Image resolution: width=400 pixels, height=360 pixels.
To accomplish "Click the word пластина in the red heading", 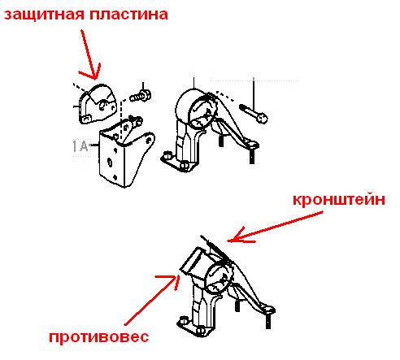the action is coord(128,14).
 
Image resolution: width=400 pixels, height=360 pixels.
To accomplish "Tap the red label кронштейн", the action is coord(339,200).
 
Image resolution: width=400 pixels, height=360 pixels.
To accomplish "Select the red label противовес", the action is coord(99,337).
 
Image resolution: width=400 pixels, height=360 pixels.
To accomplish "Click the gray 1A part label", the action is coord(80,146).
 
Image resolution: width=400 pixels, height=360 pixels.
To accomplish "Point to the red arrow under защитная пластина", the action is coord(89,54).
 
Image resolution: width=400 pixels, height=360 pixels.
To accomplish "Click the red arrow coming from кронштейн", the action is coord(275,227).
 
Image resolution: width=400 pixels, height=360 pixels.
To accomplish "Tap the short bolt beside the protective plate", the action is coord(140,96).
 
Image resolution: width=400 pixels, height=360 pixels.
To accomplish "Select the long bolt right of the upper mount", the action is coord(254,114).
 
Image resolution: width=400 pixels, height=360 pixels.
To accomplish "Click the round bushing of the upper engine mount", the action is coord(204,111).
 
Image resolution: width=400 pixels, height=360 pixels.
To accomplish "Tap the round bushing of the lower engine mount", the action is coord(220,280).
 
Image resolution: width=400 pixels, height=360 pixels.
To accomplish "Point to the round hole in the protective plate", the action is coord(102,106).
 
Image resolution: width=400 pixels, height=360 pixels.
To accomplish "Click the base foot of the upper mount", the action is coord(177,162).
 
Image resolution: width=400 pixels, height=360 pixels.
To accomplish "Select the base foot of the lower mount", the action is coord(193,327).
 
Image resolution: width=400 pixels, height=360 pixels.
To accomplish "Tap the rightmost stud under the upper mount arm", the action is coord(252,156).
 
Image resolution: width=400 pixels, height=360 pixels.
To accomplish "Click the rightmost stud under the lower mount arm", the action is coord(268,321).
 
